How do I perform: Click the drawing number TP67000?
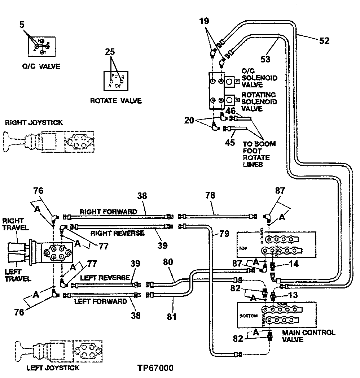point(155,368)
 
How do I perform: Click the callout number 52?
point(324,41)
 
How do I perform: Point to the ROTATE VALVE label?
point(116,101)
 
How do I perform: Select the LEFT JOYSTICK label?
point(53,368)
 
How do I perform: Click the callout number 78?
point(210,195)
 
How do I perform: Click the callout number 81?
point(171,317)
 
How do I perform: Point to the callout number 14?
point(294,264)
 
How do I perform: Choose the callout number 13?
point(293,295)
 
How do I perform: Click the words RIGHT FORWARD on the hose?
point(109,212)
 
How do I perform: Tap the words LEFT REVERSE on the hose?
point(105,278)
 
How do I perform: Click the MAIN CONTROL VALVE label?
point(308,336)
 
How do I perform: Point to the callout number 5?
point(22,25)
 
